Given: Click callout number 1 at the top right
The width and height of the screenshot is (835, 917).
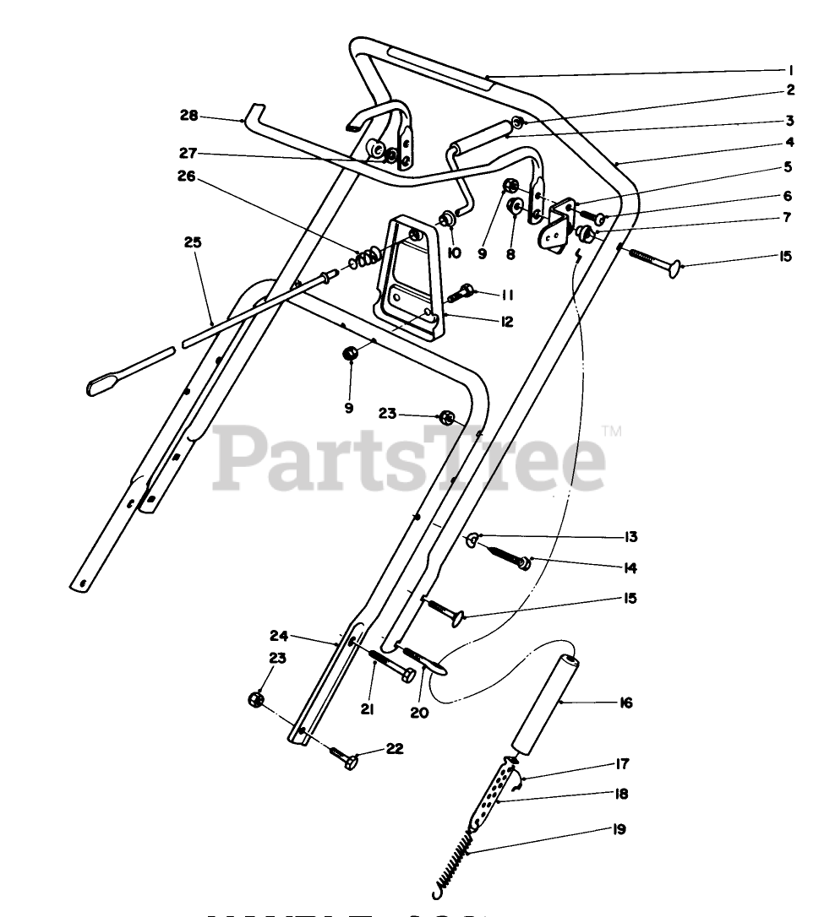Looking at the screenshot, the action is pos(790,70).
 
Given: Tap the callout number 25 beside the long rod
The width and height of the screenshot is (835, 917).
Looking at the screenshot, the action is pos(194,242).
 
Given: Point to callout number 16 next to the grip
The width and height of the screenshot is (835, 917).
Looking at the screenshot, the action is pos(626,703).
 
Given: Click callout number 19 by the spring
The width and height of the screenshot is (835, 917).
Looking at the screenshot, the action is pos(620,829).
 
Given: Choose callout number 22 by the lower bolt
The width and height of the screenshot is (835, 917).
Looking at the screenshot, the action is pos(396,748).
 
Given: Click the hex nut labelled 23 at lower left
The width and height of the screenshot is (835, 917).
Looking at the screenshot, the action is pos(254,699).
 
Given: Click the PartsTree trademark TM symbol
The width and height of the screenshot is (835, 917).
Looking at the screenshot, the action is pos(612,433).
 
